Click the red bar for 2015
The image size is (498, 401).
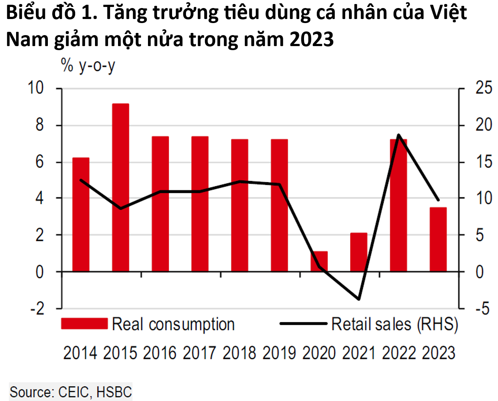[x=120, y=187]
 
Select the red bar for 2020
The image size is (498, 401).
[x=319, y=261]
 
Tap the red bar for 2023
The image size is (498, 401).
[x=438, y=239]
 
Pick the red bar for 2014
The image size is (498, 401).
[x=81, y=214]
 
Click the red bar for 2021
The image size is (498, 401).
[x=358, y=252]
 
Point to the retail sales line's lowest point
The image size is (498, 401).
[x=359, y=299]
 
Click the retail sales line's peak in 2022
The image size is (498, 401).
[x=398, y=135]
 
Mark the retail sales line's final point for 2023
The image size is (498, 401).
[x=438, y=200]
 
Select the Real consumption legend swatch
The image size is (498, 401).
[x=84, y=324]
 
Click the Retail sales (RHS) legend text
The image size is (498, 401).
[x=394, y=324]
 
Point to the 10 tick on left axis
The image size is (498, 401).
[x=36, y=88]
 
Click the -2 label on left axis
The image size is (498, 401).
[x=37, y=309]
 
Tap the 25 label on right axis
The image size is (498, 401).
[x=483, y=88]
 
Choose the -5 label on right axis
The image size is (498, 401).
[x=482, y=309]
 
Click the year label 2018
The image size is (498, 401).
[x=239, y=353]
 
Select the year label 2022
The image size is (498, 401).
[x=399, y=353]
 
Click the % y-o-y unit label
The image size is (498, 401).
[x=88, y=66]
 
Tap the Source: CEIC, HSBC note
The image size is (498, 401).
[x=71, y=392]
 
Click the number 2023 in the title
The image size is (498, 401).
[x=311, y=39]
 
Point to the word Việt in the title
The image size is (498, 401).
[x=448, y=13]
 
